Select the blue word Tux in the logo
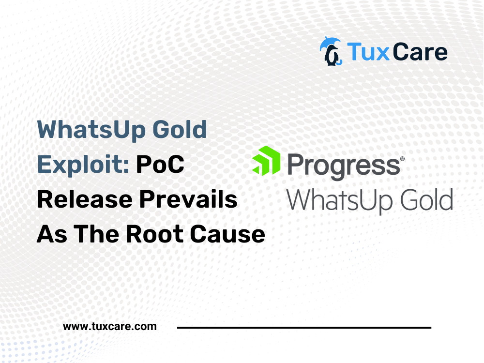(x=368, y=52)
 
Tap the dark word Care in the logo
(x=420, y=52)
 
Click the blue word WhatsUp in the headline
(x=91, y=130)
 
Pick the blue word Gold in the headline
(x=180, y=129)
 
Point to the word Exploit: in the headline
(x=83, y=165)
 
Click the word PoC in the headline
(x=160, y=164)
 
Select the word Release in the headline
(x=85, y=199)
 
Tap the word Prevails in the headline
(x=188, y=199)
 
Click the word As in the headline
(x=52, y=234)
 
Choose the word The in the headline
(x=96, y=234)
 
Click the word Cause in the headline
(x=227, y=234)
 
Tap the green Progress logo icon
(x=266, y=161)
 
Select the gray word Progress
(x=344, y=166)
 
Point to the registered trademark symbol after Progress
(x=402, y=159)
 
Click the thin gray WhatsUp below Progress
(x=340, y=201)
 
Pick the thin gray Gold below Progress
(x=426, y=200)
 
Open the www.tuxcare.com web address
(x=109, y=326)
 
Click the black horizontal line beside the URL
(x=304, y=327)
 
